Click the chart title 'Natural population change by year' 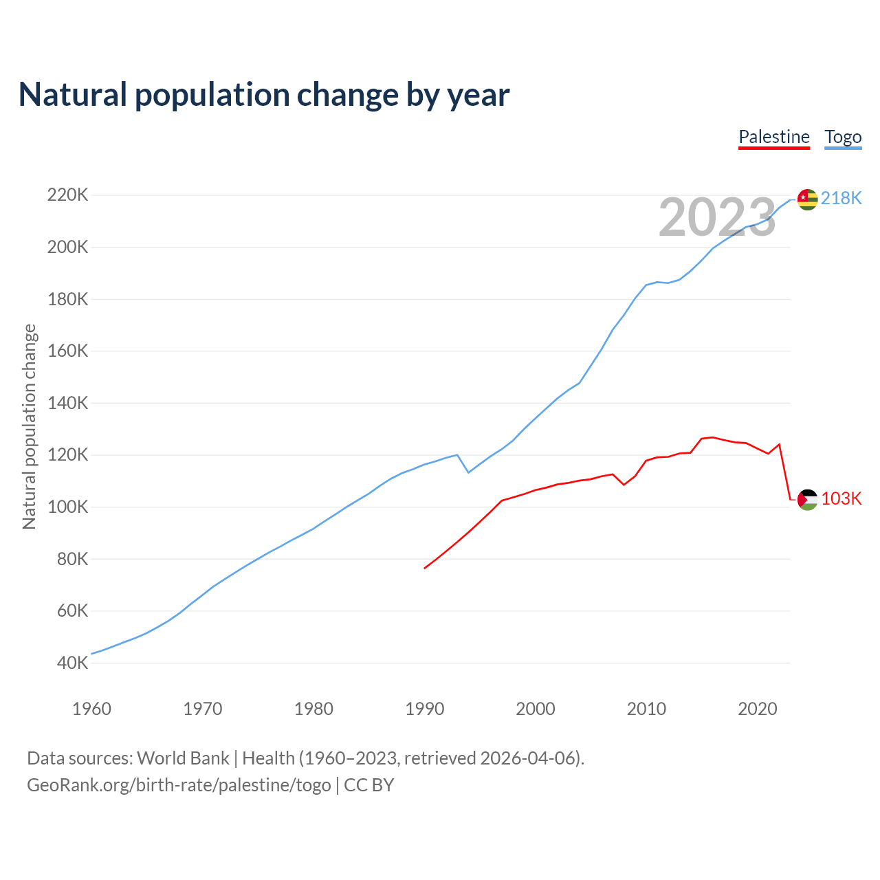(x=264, y=95)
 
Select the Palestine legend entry (x=774, y=137)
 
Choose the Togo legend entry (x=843, y=137)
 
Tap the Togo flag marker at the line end (x=808, y=199)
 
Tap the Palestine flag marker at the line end (x=808, y=500)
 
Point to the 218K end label (x=841, y=198)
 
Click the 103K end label (x=841, y=498)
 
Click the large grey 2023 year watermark (x=717, y=218)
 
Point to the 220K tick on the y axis (x=67, y=195)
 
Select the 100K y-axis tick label (x=67, y=507)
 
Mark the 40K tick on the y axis (x=72, y=663)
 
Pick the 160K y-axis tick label (x=67, y=351)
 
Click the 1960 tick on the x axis (x=91, y=709)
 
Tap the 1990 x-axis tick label (x=425, y=709)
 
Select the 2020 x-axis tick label (x=758, y=709)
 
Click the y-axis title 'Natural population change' (x=30, y=427)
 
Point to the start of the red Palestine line (x=425, y=568)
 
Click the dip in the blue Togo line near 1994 (x=468, y=472)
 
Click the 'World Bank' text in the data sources (x=183, y=758)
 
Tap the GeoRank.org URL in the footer (x=179, y=785)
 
